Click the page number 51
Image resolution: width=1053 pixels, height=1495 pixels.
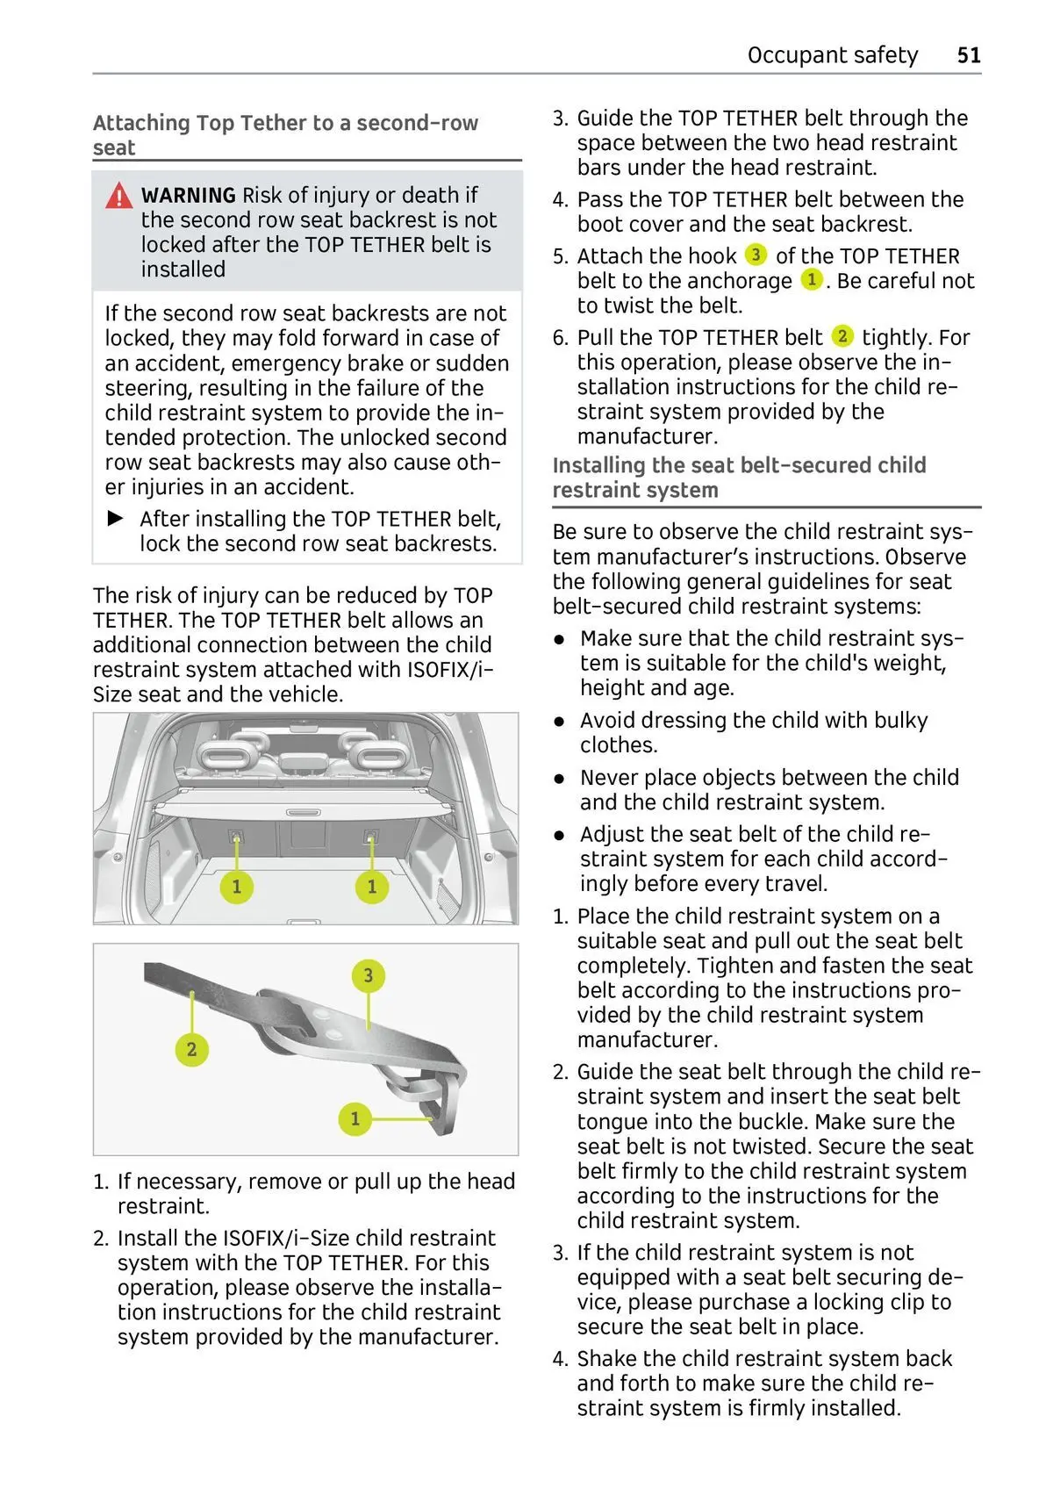pyautogui.click(x=968, y=55)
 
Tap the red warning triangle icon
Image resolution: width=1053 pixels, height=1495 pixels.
pyautogui.click(x=119, y=197)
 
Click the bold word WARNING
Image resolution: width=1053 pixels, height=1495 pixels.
pyautogui.click(x=188, y=196)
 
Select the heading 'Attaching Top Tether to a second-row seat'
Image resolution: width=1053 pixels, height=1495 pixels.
pyautogui.click(x=285, y=135)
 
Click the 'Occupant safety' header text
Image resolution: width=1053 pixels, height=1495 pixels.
pyautogui.click(x=832, y=55)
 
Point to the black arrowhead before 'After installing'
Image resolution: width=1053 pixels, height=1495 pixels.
pyautogui.click(x=116, y=519)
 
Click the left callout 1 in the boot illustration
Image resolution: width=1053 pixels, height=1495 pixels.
pyautogui.click(x=236, y=886)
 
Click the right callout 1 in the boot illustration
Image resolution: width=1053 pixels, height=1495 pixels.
pyautogui.click(x=371, y=886)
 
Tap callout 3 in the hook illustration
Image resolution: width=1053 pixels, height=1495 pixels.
pyautogui.click(x=368, y=975)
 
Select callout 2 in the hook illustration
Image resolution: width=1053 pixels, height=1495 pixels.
pyautogui.click(x=191, y=1049)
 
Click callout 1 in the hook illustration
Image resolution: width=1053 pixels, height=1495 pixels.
pyautogui.click(x=355, y=1118)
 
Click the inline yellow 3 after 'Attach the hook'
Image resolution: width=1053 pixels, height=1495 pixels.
pyautogui.click(x=756, y=255)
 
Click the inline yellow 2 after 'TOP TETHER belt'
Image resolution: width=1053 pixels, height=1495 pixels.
pyautogui.click(x=842, y=336)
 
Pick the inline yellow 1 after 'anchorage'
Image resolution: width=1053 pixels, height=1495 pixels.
pyautogui.click(x=812, y=280)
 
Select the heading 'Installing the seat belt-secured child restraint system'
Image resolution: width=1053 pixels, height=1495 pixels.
pyautogui.click(x=739, y=478)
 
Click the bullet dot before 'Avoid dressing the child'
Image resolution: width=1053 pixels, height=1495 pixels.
pyautogui.click(x=559, y=722)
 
